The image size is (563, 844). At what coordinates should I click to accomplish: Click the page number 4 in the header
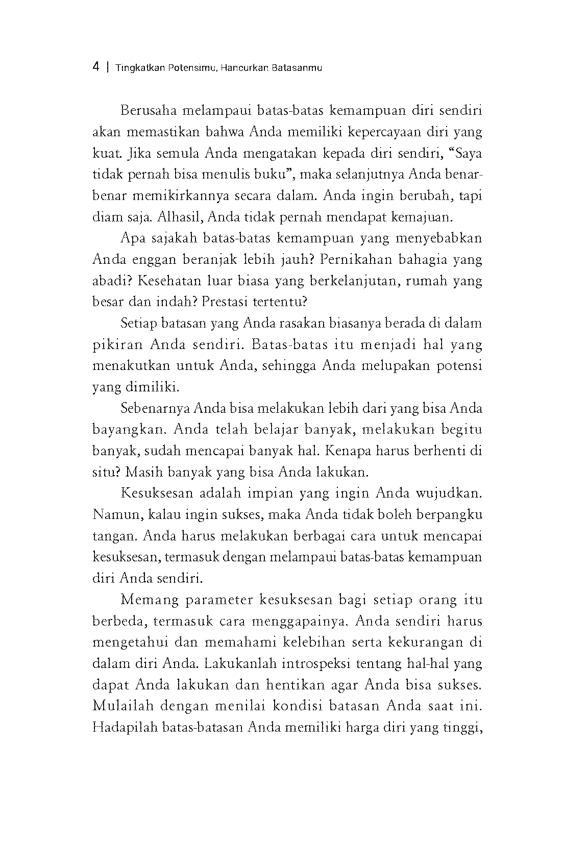[x=96, y=67]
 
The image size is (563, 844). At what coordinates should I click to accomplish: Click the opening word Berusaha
[x=145, y=111]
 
